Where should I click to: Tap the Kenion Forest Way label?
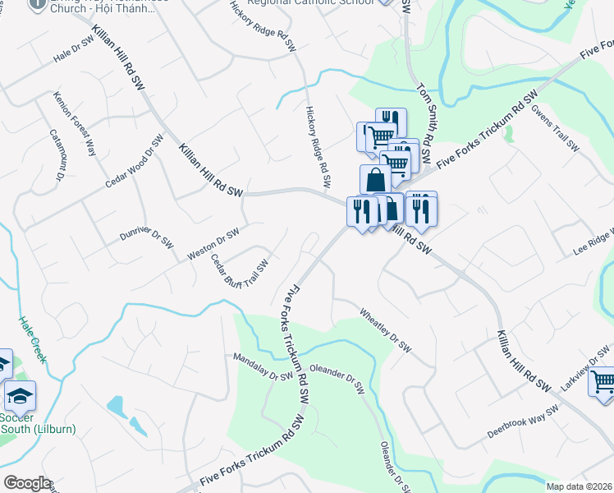[x=75, y=122]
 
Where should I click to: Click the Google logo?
[x=26, y=483]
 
